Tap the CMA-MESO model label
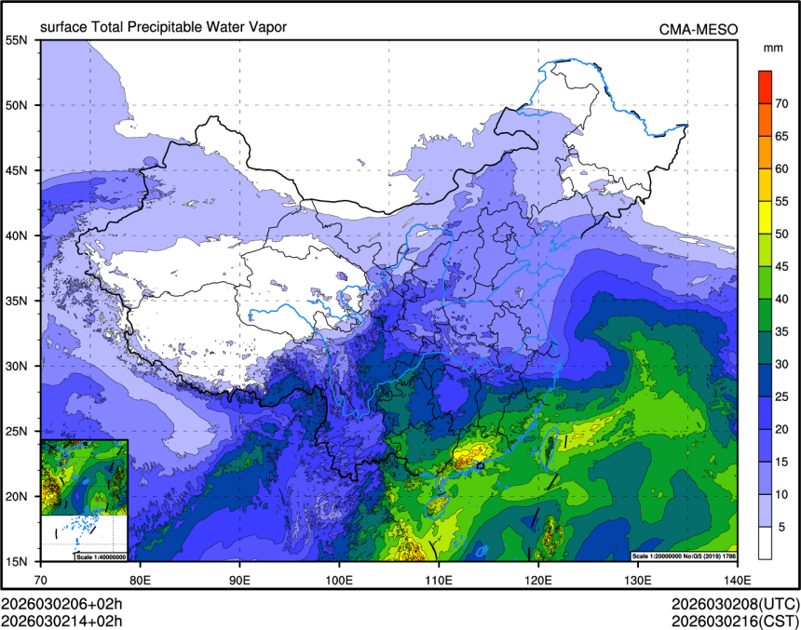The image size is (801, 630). tap(699, 29)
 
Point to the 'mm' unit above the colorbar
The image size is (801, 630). tap(772, 47)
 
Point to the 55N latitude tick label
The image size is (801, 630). tap(17, 40)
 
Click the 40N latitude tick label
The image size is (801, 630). tap(17, 235)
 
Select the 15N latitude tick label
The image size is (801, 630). tap(17, 561)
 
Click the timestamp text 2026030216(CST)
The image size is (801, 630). tap(733, 620)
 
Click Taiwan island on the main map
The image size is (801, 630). tap(550, 446)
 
